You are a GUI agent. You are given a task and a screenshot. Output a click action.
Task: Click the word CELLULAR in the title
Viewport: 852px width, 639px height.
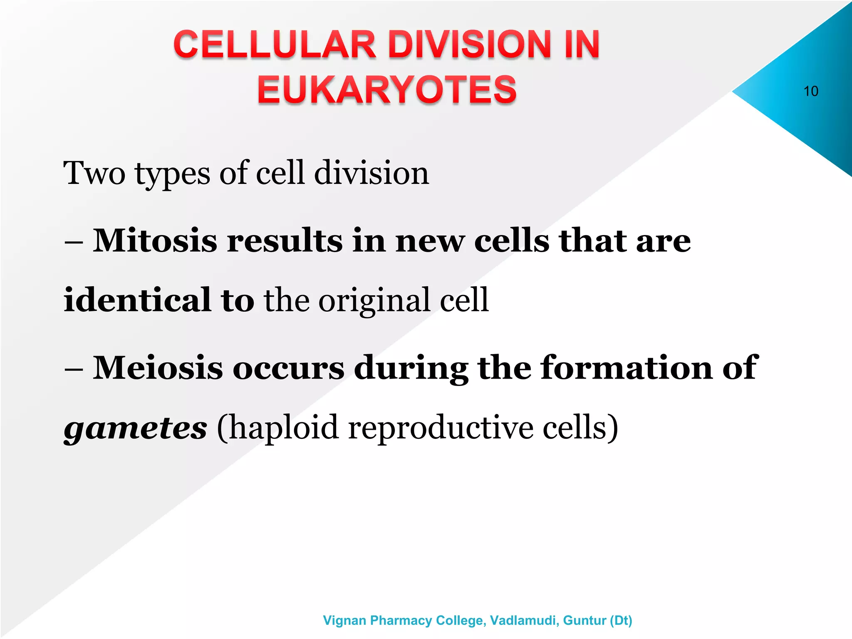coord(275,45)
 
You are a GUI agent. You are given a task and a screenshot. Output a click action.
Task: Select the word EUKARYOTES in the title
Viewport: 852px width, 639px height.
coord(387,89)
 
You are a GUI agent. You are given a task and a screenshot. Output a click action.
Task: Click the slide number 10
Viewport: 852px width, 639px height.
coord(810,91)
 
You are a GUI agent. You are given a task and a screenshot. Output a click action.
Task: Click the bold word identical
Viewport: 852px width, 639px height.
coord(137,300)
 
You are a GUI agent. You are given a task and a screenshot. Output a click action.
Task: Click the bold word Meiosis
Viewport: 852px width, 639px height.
coord(158,368)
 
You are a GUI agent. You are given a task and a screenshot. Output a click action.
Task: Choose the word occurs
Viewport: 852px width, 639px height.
coord(288,369)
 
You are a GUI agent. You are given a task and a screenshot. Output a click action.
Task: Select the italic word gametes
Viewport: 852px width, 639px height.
coord(135,428)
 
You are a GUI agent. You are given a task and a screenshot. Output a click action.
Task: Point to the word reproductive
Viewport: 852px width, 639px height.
coord(441,428)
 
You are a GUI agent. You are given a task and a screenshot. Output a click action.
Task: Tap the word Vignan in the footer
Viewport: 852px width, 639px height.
coord(344,620)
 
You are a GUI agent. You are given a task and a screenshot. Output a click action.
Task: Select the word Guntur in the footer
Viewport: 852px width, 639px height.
coord(585,620)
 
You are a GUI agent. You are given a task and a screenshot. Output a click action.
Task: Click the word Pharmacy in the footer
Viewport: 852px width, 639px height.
coord(401,620)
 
